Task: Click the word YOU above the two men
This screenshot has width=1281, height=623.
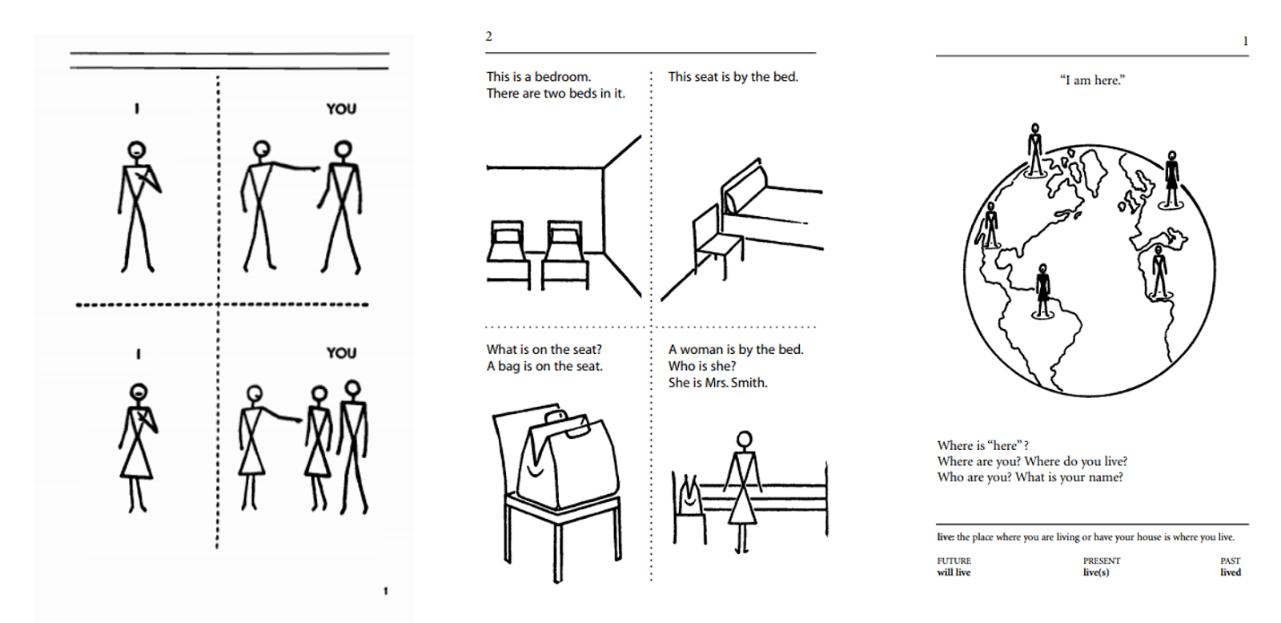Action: tap(341, 109)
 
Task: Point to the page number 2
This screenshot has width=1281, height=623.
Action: tap(488, 36)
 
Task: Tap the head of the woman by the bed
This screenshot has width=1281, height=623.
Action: tap(745, 440)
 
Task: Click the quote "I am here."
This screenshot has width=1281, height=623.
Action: tap(1092, 80)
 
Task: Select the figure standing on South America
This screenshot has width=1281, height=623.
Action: tap(1042, 290)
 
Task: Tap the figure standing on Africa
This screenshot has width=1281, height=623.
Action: tap(1159, 272)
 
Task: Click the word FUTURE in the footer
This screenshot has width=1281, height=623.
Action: tap(954, 561)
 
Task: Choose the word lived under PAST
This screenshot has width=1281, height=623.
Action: tap(1231, 573)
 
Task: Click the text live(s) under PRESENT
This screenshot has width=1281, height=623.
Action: tap(1096, 573)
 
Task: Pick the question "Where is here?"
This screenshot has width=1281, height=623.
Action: tap(983, 445)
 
